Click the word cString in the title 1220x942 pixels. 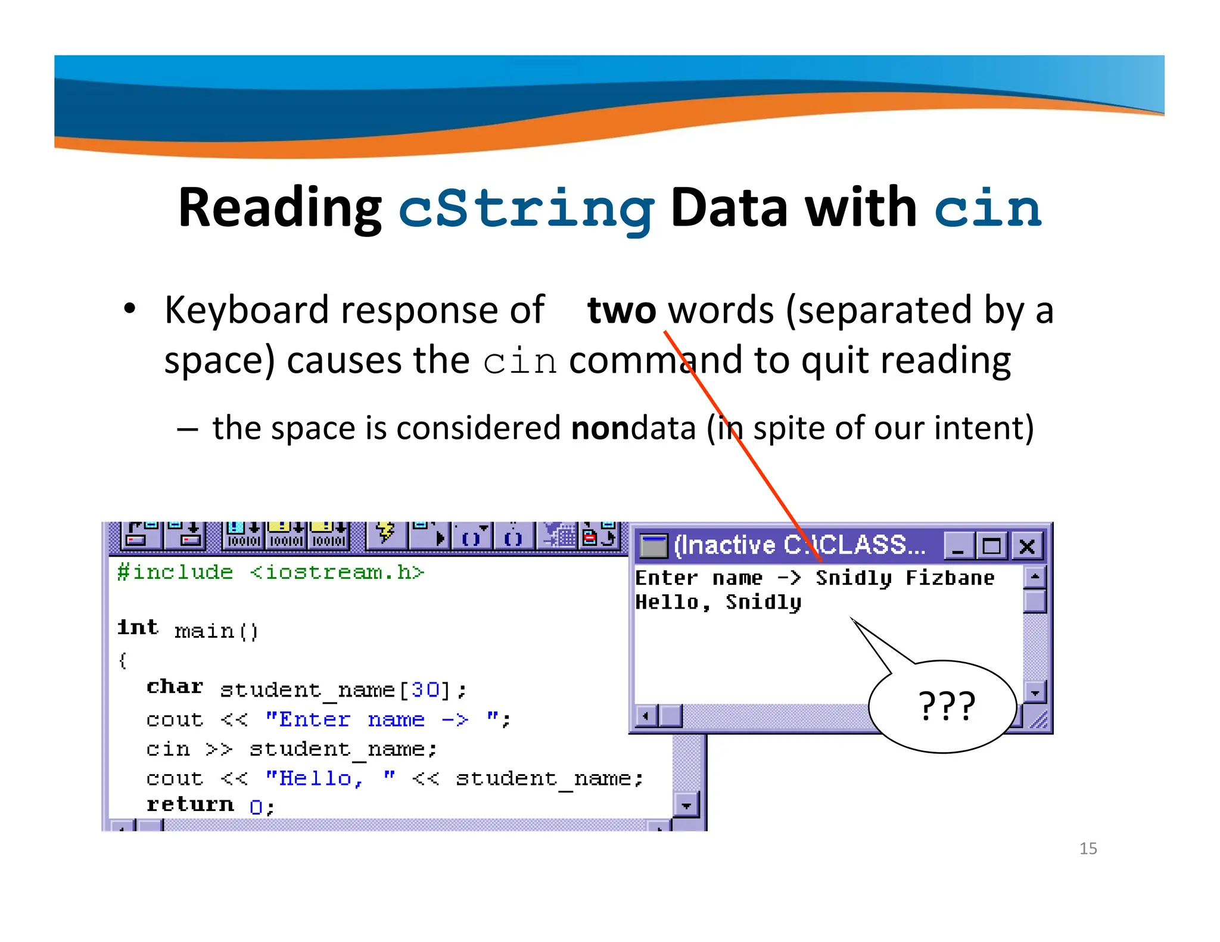[526, 208]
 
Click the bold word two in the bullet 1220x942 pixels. [621, 310]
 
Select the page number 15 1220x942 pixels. [1088, 849]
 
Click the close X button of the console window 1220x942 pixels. [1027, 546]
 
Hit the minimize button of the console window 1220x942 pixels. [958, 546]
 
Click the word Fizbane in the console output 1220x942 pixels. [950, 578]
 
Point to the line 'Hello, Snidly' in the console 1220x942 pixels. [718, 603]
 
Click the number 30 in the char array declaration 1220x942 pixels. [425, 690]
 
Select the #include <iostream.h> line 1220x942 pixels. [270, 572]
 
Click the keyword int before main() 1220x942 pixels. [138, 628]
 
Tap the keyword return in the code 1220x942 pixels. [190, 805]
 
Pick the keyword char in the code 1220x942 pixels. [175, 687]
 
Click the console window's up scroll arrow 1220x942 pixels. [1035, 576]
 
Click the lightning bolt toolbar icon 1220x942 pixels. [385, 533]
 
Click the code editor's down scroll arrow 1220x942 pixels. [686, 806]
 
